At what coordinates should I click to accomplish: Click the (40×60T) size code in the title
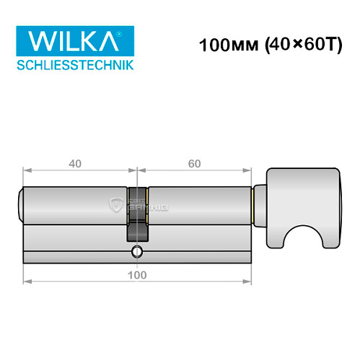290,43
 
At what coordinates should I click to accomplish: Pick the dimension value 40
74,162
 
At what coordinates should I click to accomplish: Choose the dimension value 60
193,162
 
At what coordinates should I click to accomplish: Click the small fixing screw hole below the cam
137,252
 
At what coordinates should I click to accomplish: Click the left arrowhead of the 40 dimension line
27,170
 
